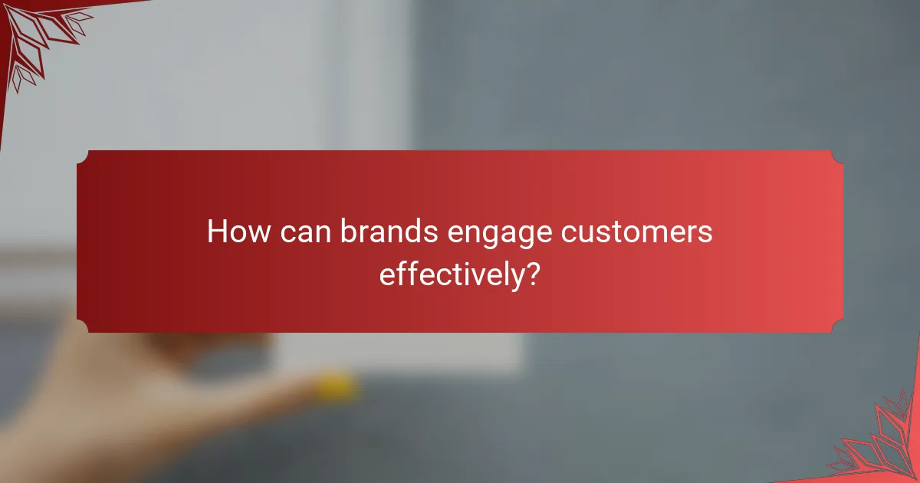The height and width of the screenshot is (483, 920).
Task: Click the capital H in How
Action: coord(217,232)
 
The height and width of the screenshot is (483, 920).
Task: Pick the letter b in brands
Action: coord(348,232)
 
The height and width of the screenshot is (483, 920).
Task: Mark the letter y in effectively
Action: coord(512,278)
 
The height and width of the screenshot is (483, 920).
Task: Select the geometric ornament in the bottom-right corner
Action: coord(882,445)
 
